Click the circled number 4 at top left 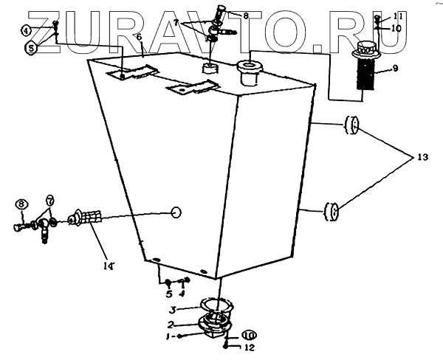(x=26, y=31)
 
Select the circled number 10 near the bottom (x=250, y=336)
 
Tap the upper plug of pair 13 (x=351, y=127)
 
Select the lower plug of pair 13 (x=330, y=212)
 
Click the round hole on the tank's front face (x=176, y=212)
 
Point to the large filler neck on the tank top (x=247, y=72)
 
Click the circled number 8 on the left (x=21, y=204)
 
